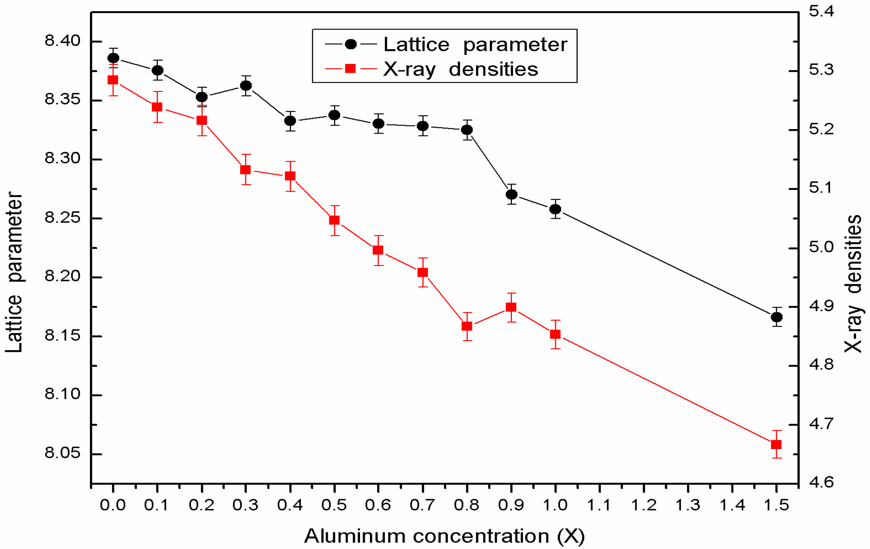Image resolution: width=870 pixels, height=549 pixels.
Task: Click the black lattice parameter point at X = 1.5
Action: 776,317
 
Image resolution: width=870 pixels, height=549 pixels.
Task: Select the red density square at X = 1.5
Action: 776,444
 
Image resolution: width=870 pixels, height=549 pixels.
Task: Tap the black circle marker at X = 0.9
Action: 512,194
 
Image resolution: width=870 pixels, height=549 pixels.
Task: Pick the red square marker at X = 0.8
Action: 467,326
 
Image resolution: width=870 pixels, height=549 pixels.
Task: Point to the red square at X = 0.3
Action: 246,170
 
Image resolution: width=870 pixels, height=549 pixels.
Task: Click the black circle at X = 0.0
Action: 113,58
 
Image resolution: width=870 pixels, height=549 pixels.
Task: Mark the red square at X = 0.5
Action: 334,220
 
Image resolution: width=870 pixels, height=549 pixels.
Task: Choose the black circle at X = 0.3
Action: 246,86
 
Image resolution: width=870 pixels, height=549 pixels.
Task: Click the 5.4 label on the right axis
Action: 822,11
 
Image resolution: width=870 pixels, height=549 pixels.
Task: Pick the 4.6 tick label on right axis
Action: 822,483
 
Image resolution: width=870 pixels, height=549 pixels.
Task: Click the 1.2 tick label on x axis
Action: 644,505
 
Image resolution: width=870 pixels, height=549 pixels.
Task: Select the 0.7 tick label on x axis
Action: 422,505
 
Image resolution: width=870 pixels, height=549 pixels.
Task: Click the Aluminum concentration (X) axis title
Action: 444,536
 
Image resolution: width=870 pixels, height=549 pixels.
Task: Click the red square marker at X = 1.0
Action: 555,334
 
